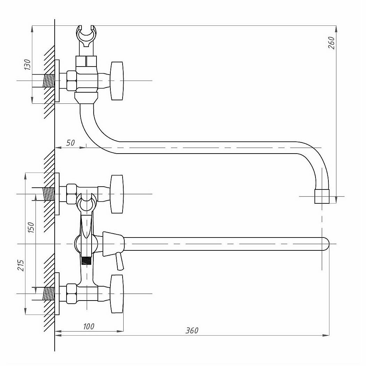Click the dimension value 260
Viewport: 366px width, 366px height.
tap(332, 43)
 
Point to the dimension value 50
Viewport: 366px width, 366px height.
tap(71, 143)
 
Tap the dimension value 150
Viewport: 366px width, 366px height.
tap(31, 227)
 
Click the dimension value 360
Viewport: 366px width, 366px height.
tap(192, 330)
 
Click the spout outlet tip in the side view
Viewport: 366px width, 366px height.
tap(322, 196)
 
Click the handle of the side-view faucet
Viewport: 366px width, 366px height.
tap(117, 80)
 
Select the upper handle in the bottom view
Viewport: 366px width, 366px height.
tap(117, 194)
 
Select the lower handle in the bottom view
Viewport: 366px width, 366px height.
tap(117, 294)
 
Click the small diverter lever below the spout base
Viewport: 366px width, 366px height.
tap(120, 261)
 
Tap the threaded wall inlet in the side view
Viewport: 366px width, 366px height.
tap(49, 81)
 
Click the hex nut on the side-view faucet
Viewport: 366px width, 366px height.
tap(71, 81)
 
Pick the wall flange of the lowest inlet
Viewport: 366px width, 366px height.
tap(57, 294)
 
